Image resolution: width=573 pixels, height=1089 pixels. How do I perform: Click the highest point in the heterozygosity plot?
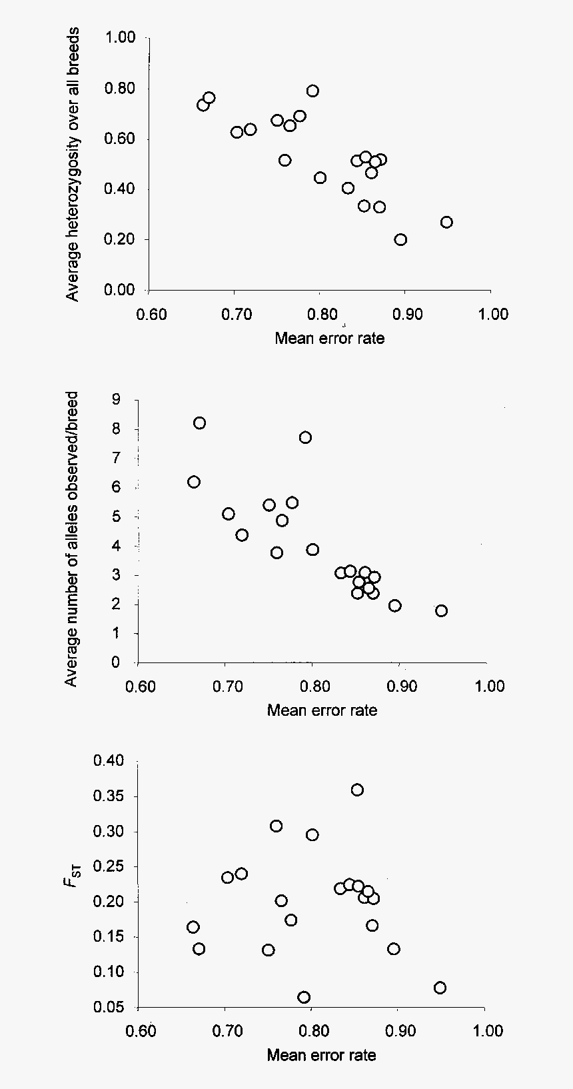[312, 91]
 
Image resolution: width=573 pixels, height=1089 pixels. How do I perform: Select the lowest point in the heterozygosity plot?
[400, 240]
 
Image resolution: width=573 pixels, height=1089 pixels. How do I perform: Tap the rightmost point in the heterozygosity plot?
[446, 222]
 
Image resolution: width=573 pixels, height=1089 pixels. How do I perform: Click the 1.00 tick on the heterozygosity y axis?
[120, 38]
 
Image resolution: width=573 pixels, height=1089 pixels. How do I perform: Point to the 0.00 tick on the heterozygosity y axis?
[120, 290]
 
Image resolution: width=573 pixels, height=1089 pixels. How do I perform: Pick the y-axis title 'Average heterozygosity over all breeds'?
[73, 164]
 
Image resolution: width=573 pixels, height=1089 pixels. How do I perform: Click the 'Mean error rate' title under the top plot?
[329, 338]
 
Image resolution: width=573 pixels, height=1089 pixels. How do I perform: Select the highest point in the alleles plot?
[199, 423]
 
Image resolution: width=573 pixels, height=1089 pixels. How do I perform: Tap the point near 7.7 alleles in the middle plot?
[305, 437]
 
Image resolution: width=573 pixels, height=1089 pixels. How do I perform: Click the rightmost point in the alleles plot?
[441, 610]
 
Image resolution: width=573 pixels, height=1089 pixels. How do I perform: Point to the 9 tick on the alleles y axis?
[117, 400]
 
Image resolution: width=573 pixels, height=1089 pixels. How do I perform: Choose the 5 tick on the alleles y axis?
[117, 517]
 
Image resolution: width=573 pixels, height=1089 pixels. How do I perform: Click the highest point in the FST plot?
[357, 790]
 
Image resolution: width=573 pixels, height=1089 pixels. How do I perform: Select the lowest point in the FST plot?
[304, 997]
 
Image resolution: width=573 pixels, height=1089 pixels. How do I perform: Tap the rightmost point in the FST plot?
[440, 988]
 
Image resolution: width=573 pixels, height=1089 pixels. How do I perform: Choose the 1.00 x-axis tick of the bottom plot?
[488, 1031]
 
